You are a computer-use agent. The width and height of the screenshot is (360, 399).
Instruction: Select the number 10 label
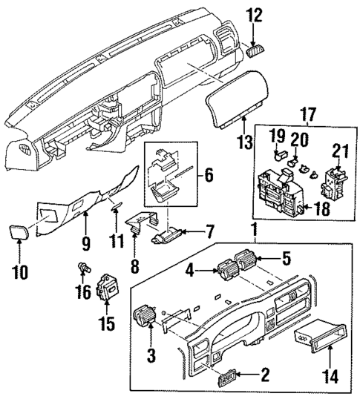click(20, 271)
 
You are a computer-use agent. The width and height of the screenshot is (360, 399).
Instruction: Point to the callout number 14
click(330, 376)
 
